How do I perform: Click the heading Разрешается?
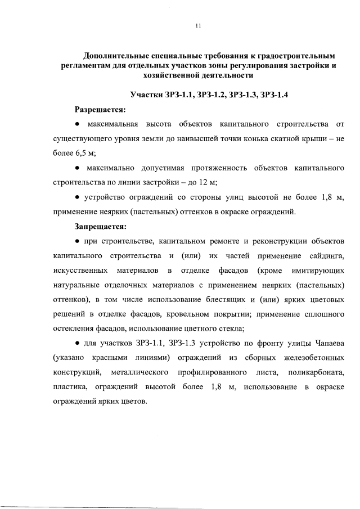tap(101, 109)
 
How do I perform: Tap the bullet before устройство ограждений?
tap(76, 197)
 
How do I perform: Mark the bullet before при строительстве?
tap(76, 242)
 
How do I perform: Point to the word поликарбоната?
tap(316, 372)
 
